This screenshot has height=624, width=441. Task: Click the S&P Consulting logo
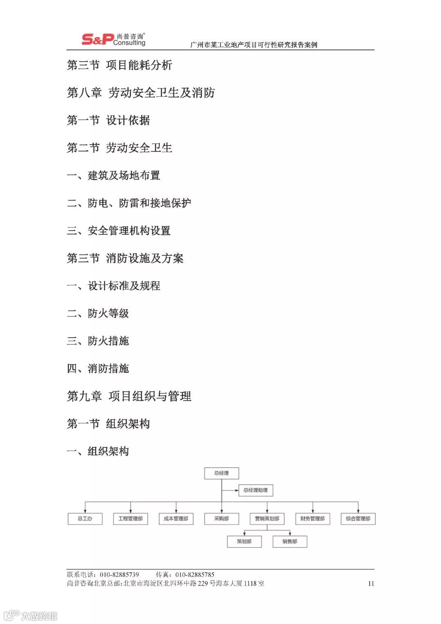[114, 39]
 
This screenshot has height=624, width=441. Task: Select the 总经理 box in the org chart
[221, 473]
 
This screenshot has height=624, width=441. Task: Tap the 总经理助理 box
[256, 490]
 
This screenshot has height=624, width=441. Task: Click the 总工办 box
[85, 519]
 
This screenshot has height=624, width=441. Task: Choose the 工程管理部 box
[130, 519]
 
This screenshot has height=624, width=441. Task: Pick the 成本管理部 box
[176, 519]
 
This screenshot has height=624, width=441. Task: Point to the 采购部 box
[221, 519]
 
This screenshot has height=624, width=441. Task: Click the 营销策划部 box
[267, 519]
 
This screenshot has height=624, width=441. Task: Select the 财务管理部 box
[312, 519]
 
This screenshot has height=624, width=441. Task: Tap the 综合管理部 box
[358, 519]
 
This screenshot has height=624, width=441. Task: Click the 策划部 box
[244, 542]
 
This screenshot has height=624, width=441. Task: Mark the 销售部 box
[290, 542]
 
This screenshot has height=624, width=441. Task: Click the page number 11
[371, 584]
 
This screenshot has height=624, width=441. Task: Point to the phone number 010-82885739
[119, 575]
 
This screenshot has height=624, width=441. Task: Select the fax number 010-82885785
[195, 575]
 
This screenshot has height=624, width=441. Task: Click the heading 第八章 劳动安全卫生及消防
[141, 93]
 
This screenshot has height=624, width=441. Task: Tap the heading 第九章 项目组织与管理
[129, 396]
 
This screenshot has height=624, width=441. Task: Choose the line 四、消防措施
[98, 369]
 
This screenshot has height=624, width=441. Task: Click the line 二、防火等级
[98, 313]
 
